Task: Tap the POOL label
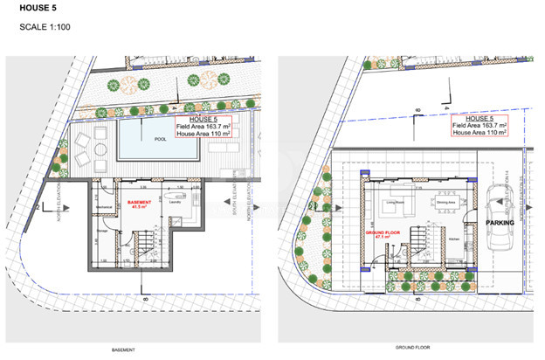160,139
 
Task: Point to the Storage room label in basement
102,231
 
